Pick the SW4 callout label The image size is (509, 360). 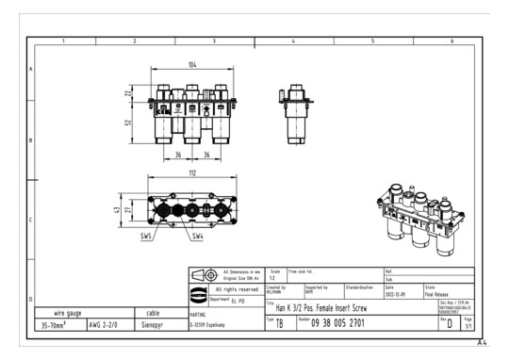197,236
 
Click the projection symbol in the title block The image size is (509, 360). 203,274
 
